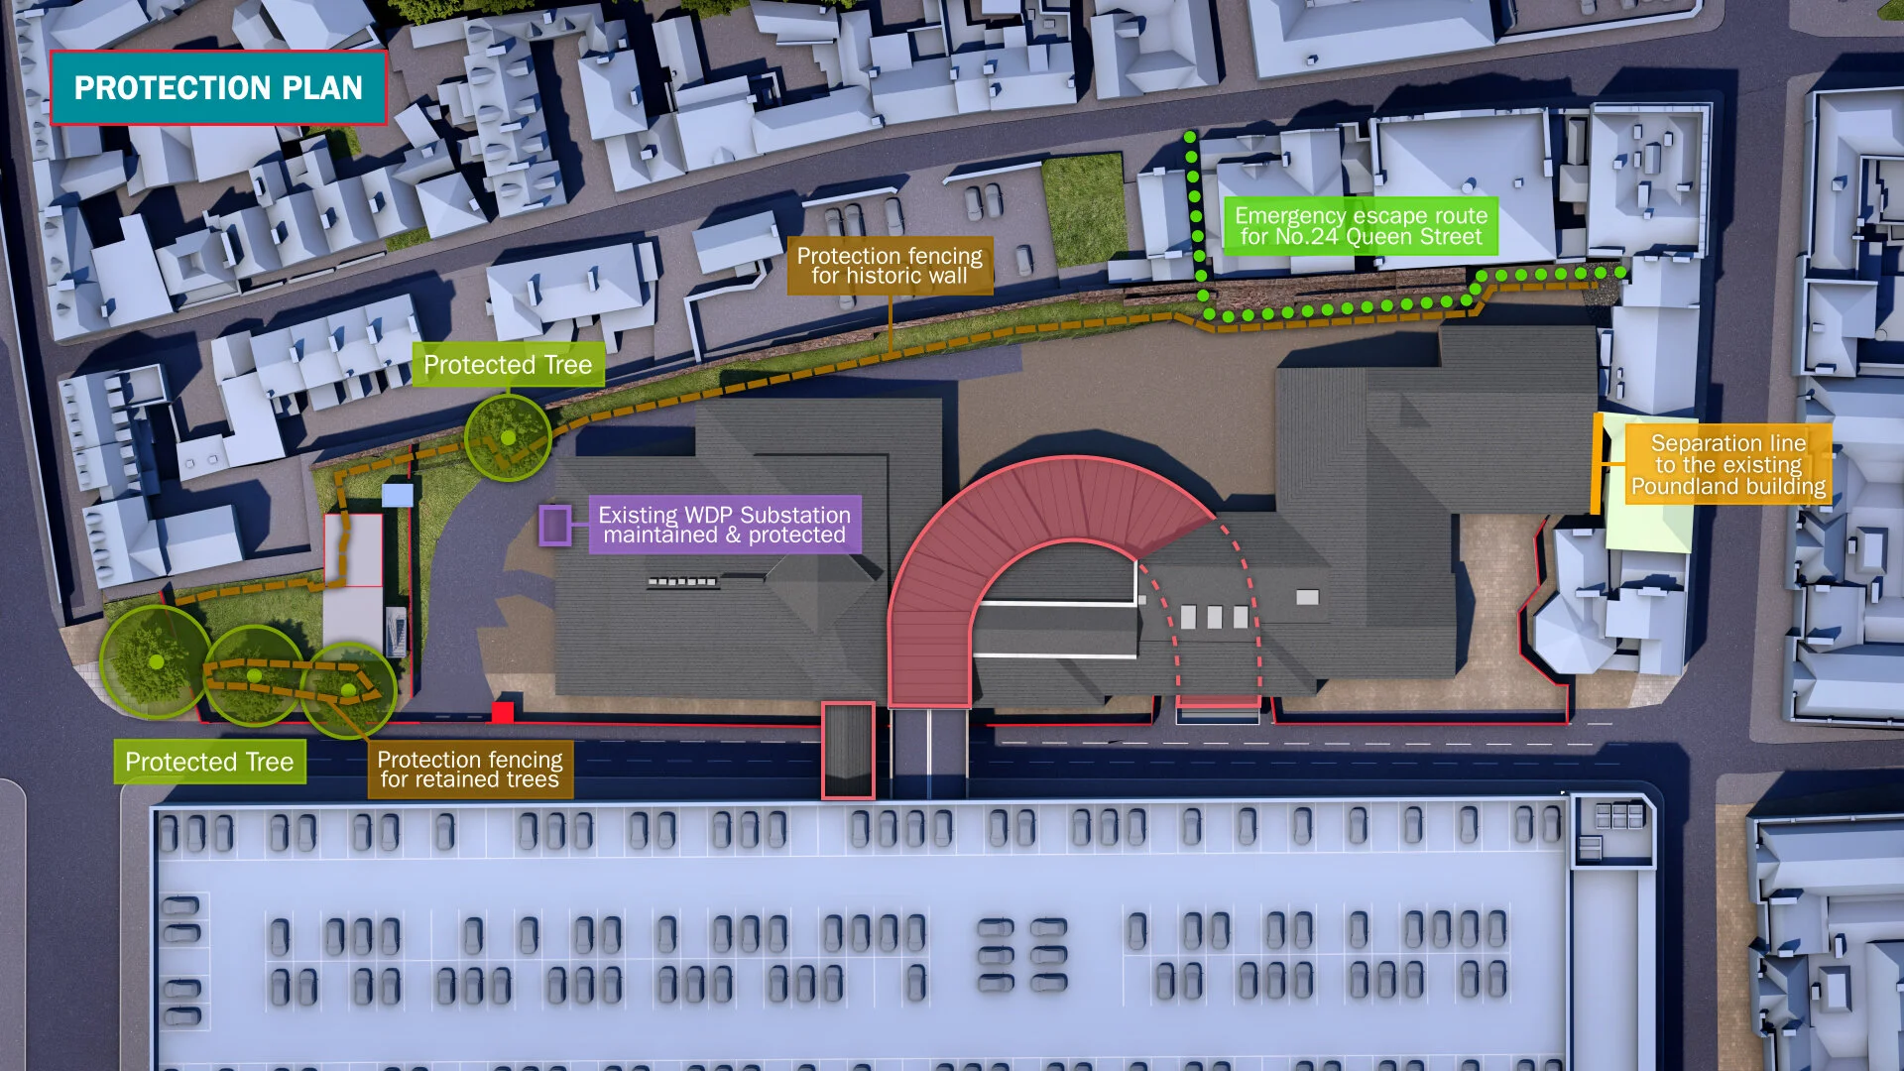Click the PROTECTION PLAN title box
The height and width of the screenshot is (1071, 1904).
click(218, 88)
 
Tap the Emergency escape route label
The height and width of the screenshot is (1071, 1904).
click(1361, 226)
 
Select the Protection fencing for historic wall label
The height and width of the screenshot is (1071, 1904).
click(890, 266)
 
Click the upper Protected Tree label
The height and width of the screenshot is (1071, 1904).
click(508, 365)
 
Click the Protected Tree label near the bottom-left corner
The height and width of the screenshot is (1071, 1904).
click(209, 762)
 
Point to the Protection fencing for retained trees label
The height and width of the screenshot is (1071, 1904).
click(469, 770)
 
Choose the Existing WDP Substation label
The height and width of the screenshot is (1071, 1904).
click(724, 525)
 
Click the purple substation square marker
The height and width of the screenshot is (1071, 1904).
click(554, 526)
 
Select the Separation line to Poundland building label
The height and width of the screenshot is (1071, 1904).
click(1727, 464)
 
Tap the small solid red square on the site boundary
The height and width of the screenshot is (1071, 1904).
click(503, 712)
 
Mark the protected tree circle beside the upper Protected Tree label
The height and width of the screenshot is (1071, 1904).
click(508, 437)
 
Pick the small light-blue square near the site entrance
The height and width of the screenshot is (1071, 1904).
click(397, 495)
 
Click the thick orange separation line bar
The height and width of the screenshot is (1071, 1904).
click(1597, 463)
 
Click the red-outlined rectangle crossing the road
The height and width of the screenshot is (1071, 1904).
click(848, 750)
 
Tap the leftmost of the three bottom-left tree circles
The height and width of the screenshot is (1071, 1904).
click(155, 661)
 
